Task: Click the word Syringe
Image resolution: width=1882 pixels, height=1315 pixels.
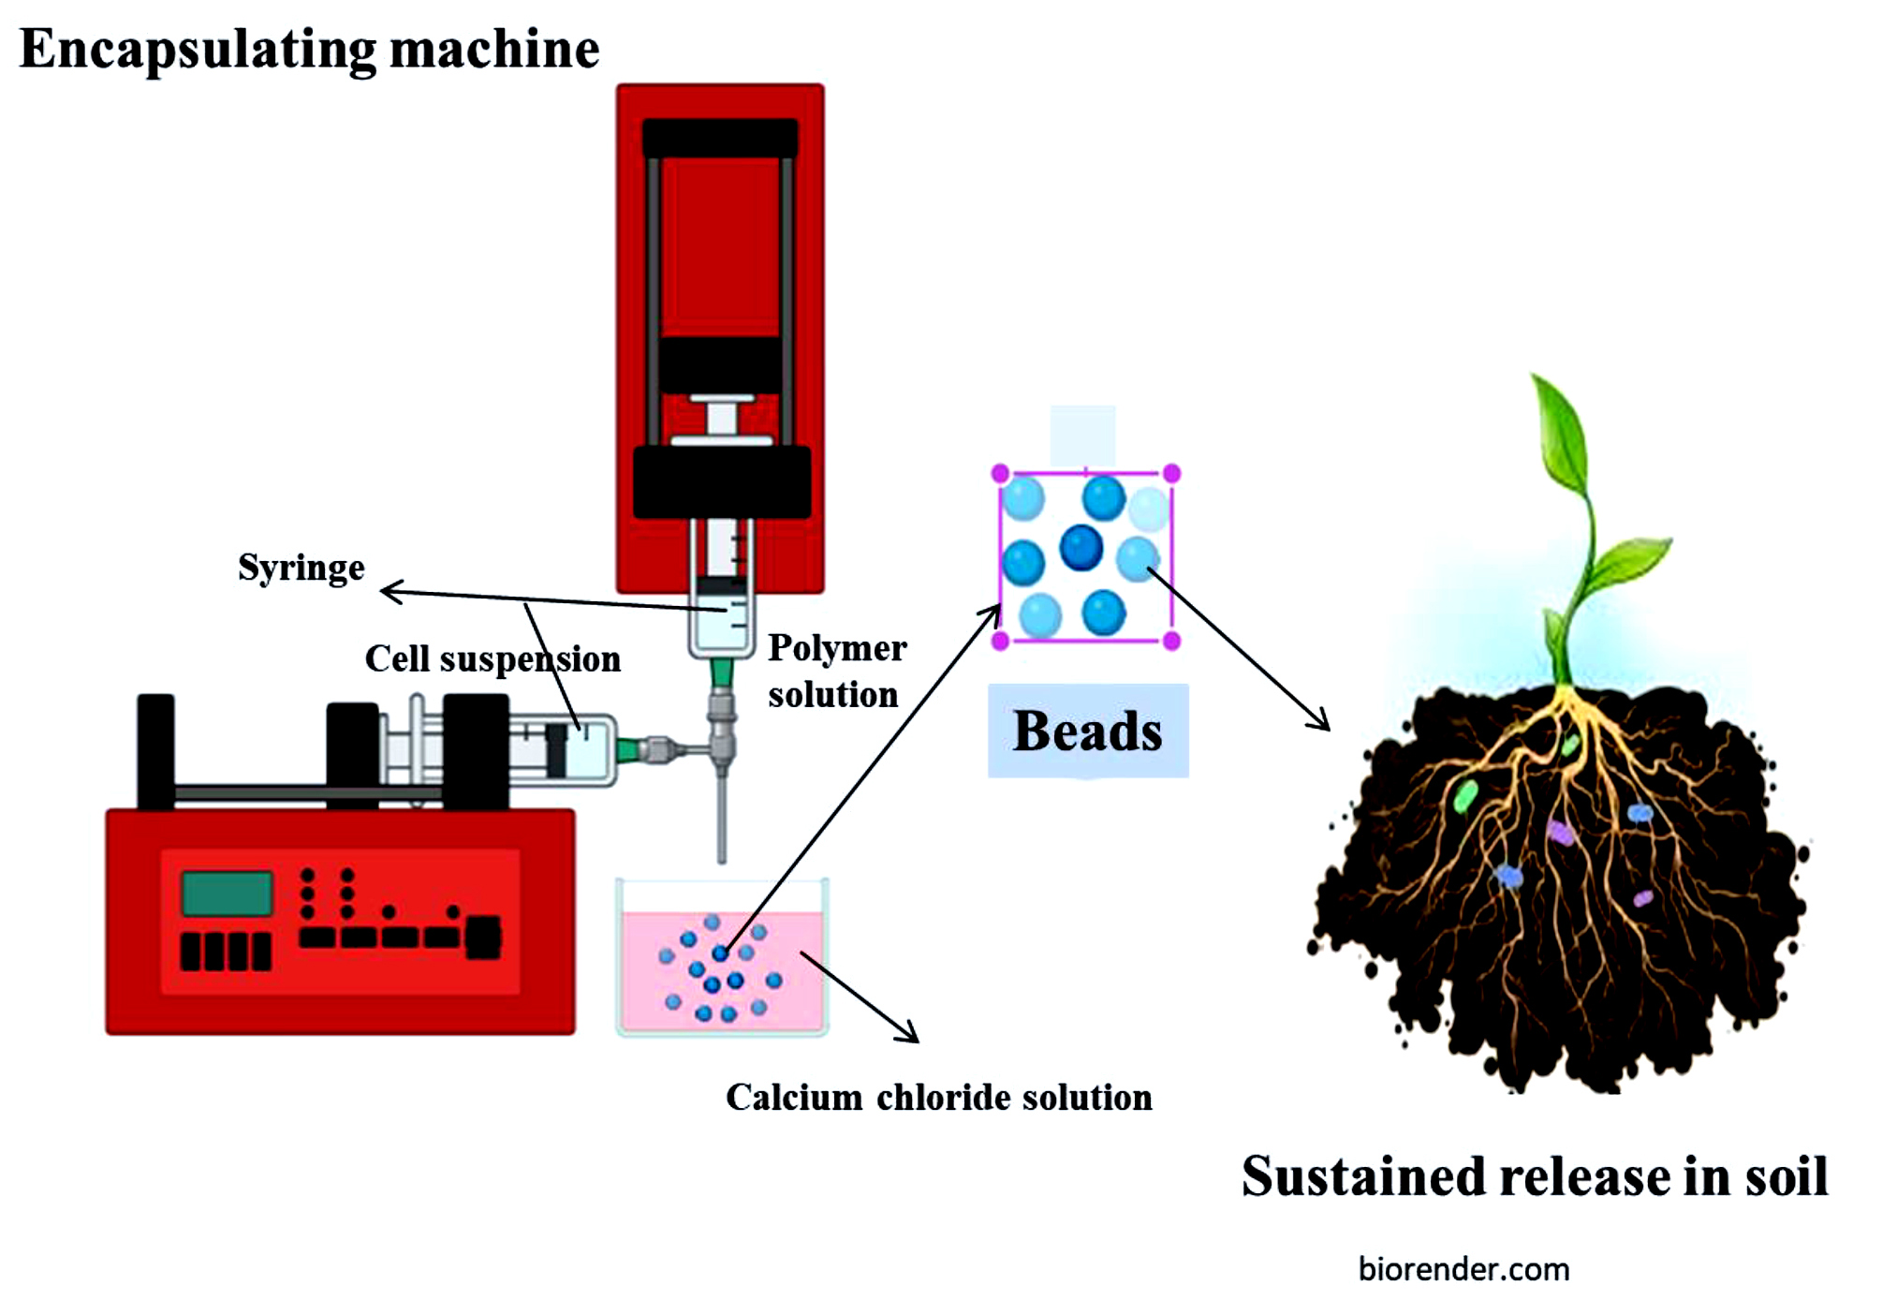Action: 301,568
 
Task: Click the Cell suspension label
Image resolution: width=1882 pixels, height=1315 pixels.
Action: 493,659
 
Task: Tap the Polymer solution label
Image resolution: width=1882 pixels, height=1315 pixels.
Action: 836,671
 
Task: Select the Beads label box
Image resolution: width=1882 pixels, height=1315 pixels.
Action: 1088,731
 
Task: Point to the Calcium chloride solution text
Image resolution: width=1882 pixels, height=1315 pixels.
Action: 938,1098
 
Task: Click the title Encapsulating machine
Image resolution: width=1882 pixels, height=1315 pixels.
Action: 309,49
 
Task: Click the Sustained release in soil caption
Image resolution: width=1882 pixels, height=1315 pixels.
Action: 1534,1176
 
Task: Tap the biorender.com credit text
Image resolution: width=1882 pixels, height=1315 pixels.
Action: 1463,1270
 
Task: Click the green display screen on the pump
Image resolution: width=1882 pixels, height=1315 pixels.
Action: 227,893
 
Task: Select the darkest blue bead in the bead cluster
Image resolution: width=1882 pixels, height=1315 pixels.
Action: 1081,547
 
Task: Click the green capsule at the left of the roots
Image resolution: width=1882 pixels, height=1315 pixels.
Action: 1465,795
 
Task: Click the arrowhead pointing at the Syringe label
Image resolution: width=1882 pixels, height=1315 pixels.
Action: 388,591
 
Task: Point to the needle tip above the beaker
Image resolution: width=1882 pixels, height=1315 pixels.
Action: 722,857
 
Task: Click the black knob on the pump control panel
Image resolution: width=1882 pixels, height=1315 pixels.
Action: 484,937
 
